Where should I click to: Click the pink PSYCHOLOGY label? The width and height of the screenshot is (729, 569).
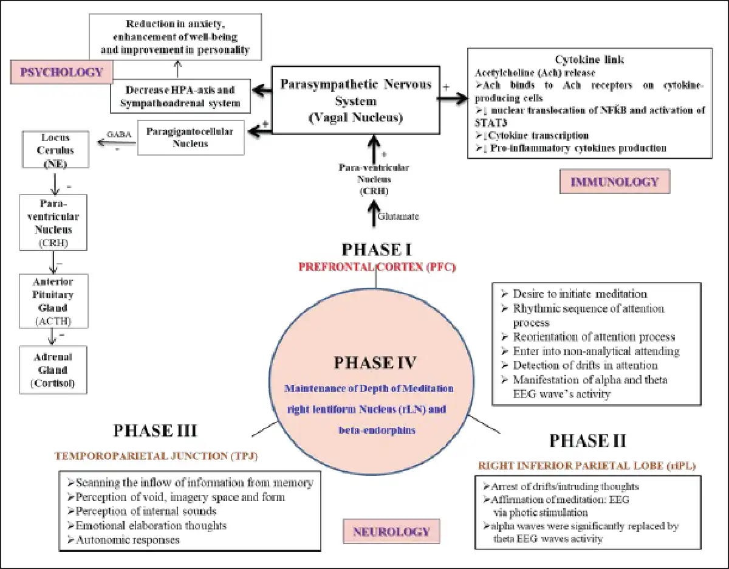[x=62, y=72]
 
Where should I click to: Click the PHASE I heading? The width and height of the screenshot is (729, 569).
[x=377, y=250]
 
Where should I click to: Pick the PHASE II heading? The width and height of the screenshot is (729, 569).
[x=587, y=441]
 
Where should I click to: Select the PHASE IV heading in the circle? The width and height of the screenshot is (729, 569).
[x=375, y=363]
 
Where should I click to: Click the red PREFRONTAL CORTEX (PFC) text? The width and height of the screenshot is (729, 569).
[x=377, y=266]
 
